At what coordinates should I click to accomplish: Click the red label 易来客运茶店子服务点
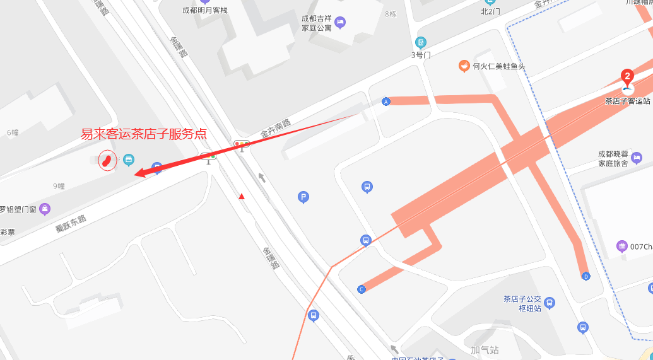(144, 134)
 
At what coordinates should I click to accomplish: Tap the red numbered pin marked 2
(627, 78)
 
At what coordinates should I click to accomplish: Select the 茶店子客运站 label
(627, 101)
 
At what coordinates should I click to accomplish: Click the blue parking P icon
(303, 198)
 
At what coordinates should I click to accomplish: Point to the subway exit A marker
(386, 102)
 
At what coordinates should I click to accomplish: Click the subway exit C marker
(362, 289)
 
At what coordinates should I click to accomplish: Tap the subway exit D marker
(585, 276)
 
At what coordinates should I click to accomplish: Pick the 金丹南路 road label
(276, 129)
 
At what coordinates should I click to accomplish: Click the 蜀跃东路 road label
(70, 224)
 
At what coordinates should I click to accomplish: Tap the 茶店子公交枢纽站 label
(522, 303)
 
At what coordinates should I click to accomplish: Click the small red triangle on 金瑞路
(241, 197)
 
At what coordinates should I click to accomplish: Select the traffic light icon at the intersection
(242, 144)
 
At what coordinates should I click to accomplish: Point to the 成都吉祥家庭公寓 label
(316, 23)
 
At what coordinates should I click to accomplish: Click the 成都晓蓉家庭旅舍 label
(614, 159)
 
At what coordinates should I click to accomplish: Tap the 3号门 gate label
(421, 55)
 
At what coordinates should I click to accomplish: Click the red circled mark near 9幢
(107, 161)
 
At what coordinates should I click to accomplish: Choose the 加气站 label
(485, 349)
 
